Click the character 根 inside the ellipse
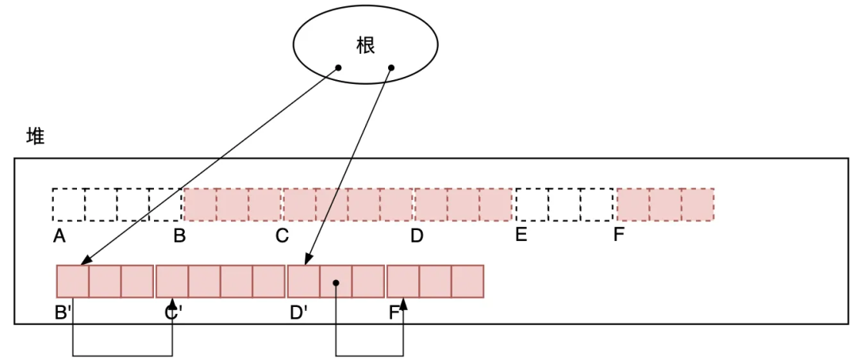365,45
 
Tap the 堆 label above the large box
36,136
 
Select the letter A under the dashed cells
59,236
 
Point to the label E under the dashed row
521,235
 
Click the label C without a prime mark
282,236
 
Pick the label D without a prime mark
417,236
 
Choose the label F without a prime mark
619,235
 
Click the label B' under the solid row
63,312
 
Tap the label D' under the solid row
299,312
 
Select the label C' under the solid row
173,312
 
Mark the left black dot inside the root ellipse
338,68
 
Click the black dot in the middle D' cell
336,282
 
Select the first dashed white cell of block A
68,205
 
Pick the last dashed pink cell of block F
698,205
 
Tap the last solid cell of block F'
467,282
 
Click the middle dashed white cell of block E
564,205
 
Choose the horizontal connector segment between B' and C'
123,354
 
